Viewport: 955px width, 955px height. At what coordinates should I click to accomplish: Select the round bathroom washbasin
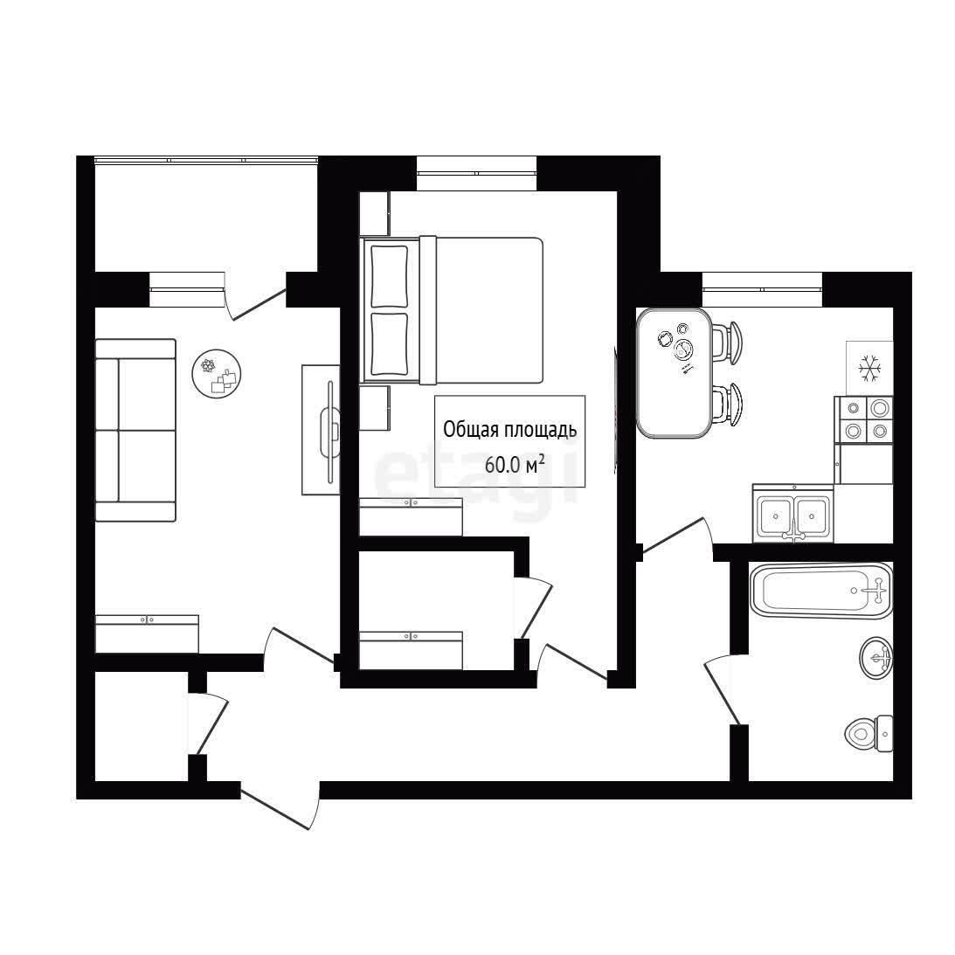click(875, 657)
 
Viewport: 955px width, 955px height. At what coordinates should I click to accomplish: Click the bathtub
click(821, 591)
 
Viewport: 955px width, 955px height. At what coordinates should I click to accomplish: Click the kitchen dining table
click(674, 373)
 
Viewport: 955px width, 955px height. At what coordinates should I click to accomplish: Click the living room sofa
click(135, 431)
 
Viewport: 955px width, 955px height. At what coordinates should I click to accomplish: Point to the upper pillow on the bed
click(389, 276)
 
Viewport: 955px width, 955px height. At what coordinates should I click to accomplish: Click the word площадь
click(542, 431)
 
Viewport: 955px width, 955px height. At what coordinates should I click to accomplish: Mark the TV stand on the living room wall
click(321, 430)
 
